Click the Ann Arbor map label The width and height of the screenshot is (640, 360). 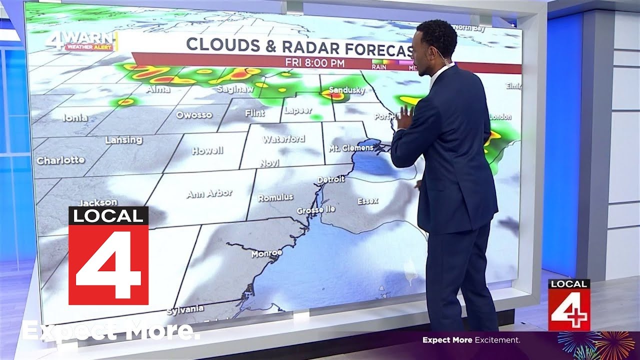coord(209,193)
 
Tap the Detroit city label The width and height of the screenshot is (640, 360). coord(331,179)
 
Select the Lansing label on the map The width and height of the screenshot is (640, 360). coord(123,140)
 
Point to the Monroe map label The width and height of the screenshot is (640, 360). coord(266,253)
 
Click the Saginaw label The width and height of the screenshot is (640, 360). coord(235,89)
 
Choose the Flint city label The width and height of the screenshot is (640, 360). coord(254,113)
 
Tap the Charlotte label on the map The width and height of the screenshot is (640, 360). coord(60,160)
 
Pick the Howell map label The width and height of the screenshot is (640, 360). coord(207,150)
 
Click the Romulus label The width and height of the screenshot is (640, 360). coord(275,197)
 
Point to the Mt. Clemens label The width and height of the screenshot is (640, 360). coord(351,148)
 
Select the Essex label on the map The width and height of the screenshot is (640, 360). coord(368,201)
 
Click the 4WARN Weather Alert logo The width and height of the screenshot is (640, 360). coord(81,41)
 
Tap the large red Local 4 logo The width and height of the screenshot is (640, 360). coord(108,255)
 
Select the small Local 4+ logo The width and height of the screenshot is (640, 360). coord(569,304)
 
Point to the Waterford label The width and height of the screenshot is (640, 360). coord(283,139)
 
